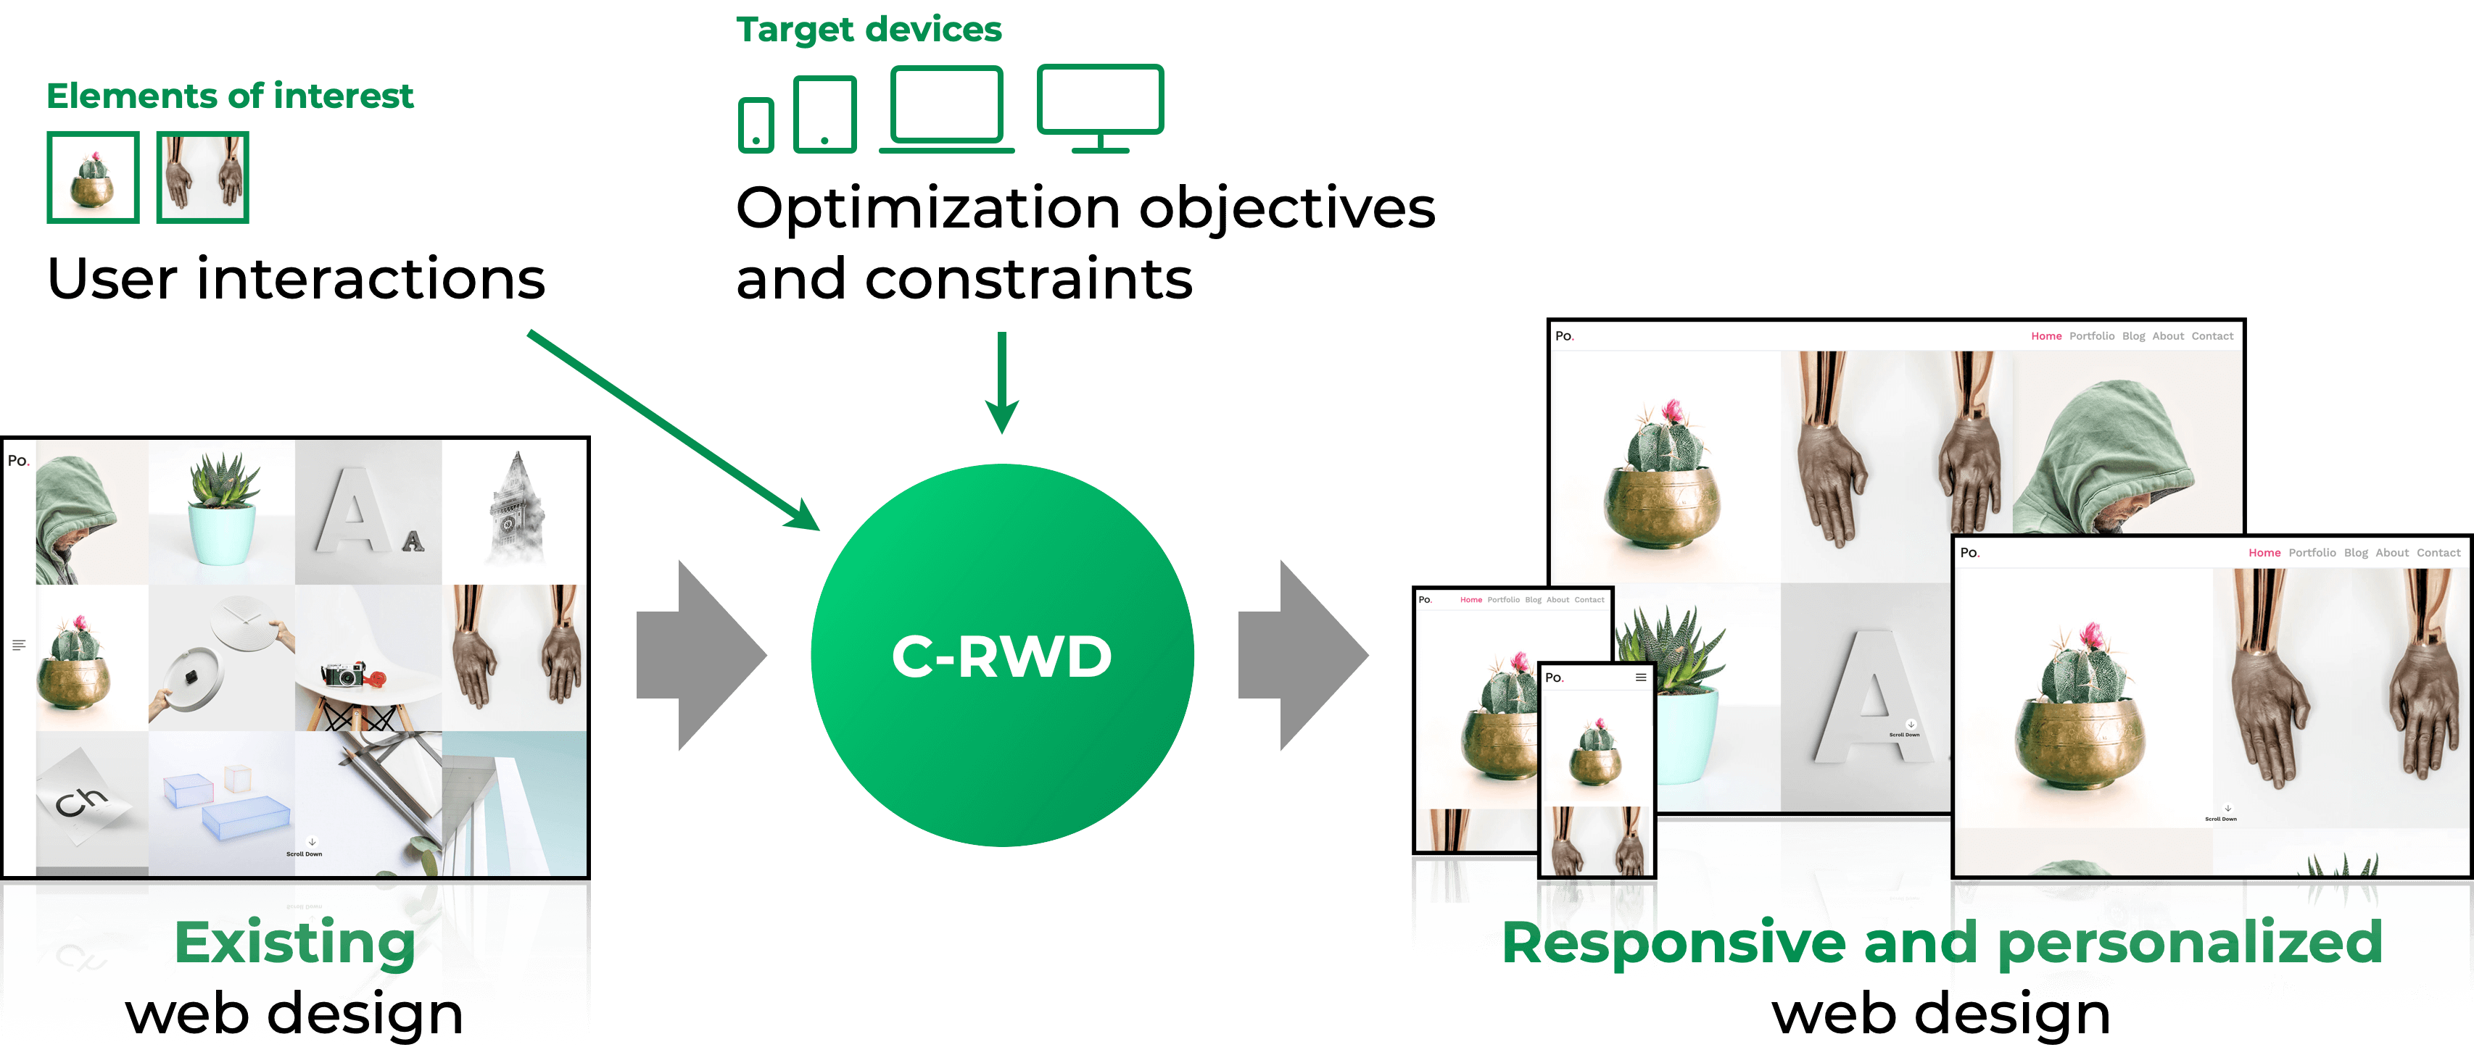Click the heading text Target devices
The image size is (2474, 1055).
pos(868,30)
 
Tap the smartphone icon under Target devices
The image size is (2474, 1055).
pos(756,125)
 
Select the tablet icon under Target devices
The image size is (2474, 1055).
pos(825,114)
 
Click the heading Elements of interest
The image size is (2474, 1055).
pos(230,96)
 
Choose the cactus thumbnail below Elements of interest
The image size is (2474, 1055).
pos(93,178)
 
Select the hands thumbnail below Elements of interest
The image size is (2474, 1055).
pos(202,178)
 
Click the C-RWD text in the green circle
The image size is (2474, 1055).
pos(1001,656)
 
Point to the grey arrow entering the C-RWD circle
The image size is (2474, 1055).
pos(701,656)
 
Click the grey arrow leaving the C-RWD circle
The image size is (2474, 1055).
pos(1302,656)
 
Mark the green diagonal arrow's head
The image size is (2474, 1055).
pos(805,517)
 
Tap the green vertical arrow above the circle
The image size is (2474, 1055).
pos(1001,384)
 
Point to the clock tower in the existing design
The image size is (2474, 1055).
pos(516,509)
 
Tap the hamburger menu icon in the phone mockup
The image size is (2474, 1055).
pos(1640,677)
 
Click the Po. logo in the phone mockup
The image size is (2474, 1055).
pos(1555,677)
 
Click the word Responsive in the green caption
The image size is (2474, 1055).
pos(1672,943)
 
